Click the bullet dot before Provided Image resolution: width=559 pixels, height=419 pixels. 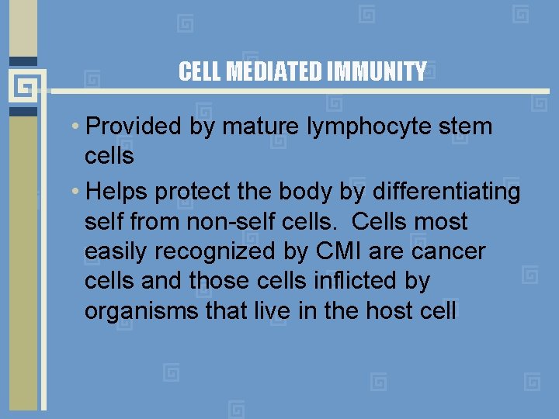[x=79, y=126]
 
